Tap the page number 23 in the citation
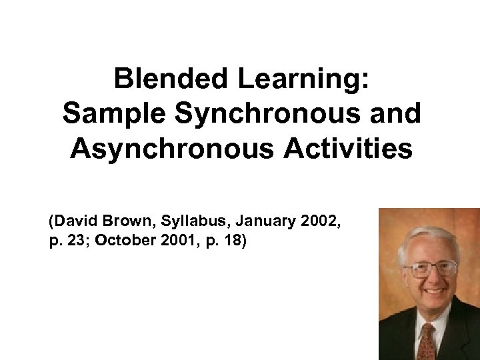[x=75, y=240]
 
